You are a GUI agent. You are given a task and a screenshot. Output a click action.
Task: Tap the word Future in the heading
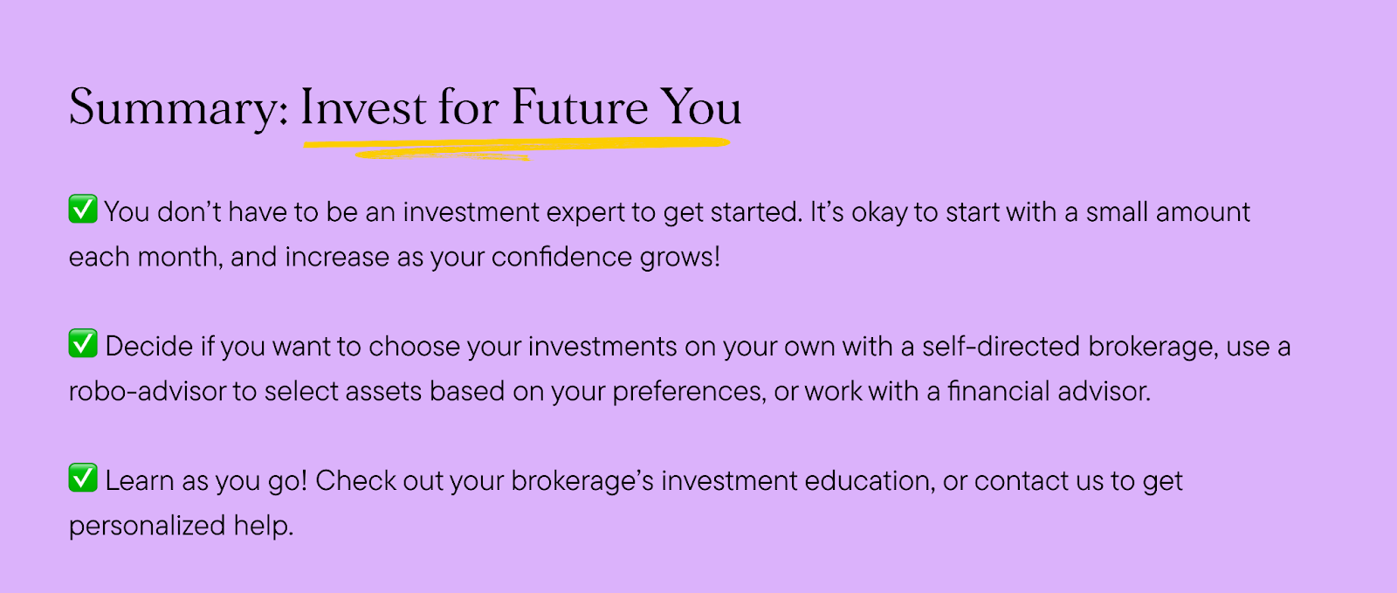pos(580,107)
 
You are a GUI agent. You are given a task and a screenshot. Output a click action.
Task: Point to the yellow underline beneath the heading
pos(517,148)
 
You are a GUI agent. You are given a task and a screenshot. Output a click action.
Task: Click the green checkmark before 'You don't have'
pos(83,209)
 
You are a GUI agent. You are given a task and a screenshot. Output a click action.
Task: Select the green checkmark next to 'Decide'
pos(83,343)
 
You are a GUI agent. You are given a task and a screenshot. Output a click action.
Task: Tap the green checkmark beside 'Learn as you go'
pos(83,478)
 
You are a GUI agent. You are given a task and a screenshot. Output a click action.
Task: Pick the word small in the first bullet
pos(1117,212)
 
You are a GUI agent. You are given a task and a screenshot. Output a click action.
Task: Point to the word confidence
pos(561,257)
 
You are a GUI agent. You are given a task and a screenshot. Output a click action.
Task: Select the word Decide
pos(149,346)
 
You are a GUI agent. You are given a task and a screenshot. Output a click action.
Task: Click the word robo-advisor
pos(148,391)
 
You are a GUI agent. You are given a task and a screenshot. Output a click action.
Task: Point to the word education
pos(870,480)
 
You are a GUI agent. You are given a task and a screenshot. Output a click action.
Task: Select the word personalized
pos(148,527)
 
